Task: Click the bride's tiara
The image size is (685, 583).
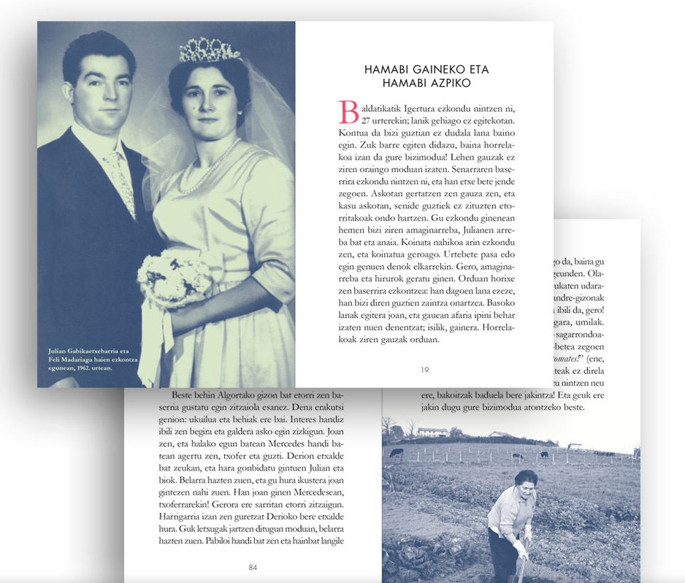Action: click(x=209, y=50)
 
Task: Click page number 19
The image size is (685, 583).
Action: click(x=424, y=370)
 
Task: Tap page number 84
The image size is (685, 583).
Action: click(x=253, y=567)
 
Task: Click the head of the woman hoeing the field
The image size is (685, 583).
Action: click(x=527, y=480)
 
